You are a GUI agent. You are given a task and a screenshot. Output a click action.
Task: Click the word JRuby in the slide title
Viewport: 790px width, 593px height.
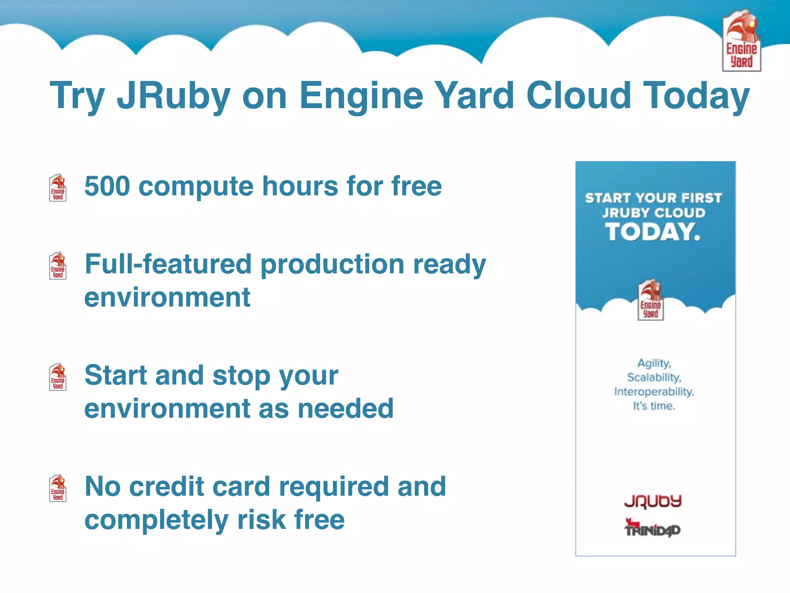click(174, 96)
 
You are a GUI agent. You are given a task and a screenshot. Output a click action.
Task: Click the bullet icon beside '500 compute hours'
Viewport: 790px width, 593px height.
click(58, 188)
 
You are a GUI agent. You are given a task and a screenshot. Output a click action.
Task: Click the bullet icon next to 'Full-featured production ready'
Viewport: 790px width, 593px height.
click(58, 266)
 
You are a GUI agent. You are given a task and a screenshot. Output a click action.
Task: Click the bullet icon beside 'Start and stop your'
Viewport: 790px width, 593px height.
click(58, 377)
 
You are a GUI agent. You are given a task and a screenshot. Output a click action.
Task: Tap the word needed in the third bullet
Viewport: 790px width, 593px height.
click(346, 408)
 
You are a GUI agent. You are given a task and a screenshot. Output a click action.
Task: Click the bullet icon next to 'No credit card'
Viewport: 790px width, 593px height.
click(58, 488)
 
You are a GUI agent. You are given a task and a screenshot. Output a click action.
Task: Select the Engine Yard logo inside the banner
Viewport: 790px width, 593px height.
click(651, 300)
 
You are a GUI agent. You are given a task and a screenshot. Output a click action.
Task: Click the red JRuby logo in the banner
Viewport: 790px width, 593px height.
click(653, 501)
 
